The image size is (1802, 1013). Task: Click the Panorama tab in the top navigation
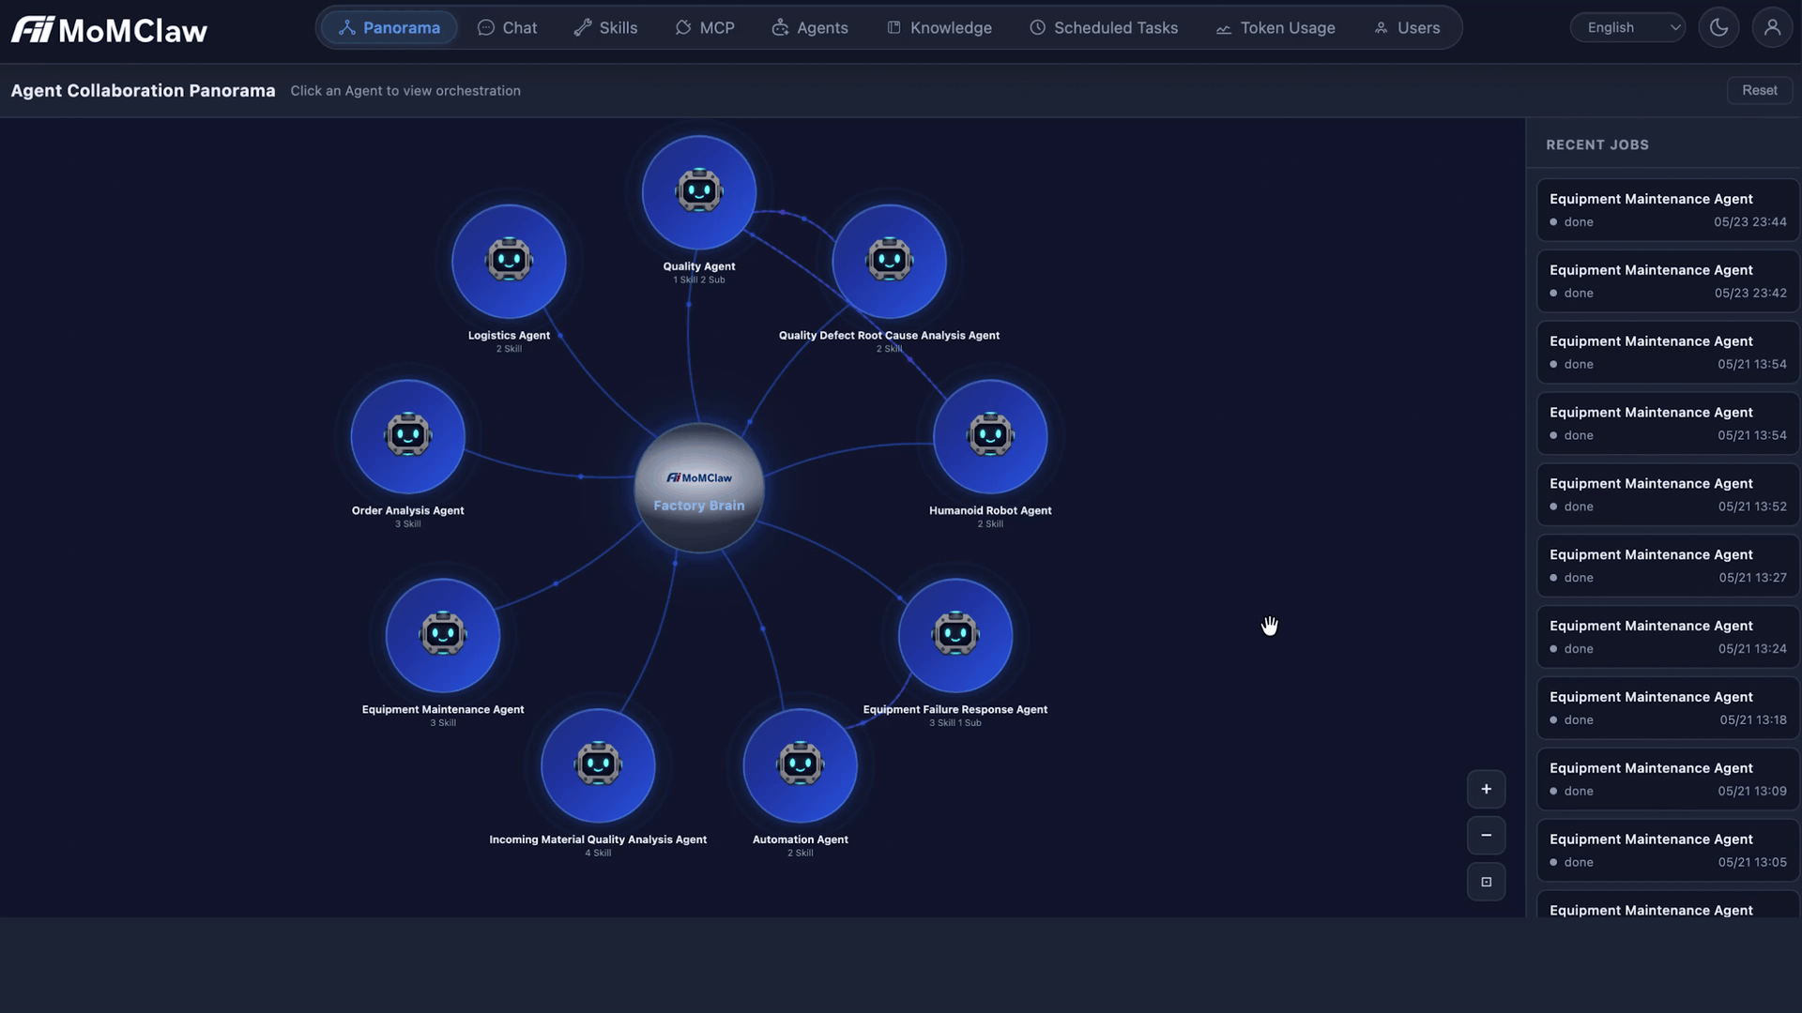pos(389,28)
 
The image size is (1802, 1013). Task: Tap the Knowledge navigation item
pos(939,28)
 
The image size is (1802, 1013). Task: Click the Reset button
pos(1760,90)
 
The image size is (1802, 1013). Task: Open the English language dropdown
pos(1628,28)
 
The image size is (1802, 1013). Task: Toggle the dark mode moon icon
pos(1718,28)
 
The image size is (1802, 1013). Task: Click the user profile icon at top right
pos(1772,28)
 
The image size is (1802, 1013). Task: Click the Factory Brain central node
pos(699,488)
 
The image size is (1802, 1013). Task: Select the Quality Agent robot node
pos(699,192)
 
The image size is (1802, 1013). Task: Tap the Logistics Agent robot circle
pos(509,262)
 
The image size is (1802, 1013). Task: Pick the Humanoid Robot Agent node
pos(990,436)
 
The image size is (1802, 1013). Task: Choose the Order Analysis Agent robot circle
pos(407,436)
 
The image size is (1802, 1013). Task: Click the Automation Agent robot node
pos(800,765)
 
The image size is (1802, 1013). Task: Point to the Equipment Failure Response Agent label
pos(955,710)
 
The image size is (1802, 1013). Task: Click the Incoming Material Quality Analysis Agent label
pos(598,840)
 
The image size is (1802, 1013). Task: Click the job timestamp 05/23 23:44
pos(1750,222)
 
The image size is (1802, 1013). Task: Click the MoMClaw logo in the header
pos(109,30)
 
